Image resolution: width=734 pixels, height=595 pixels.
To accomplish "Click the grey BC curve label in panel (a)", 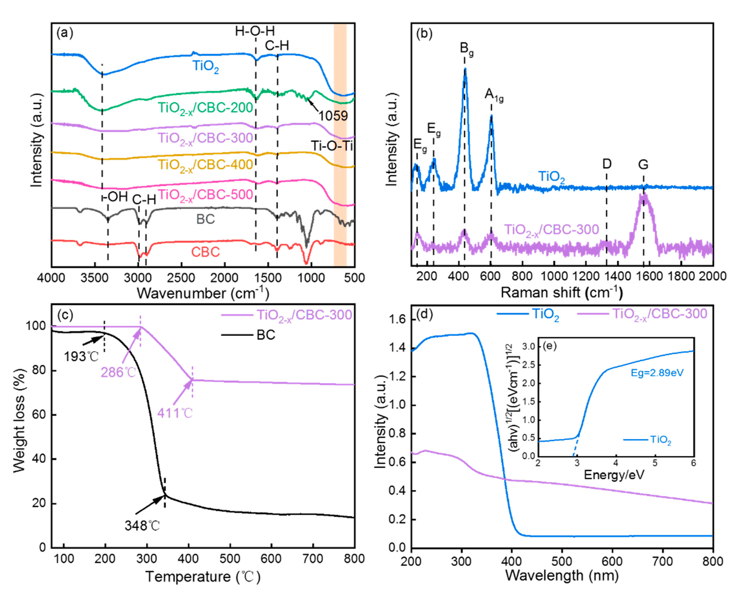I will coord(205,219).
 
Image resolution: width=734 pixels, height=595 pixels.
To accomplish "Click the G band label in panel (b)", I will coord(643,165).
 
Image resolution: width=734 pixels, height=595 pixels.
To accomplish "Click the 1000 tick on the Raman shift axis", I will coord(554,276).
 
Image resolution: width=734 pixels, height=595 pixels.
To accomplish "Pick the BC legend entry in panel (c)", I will coord(266,335).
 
